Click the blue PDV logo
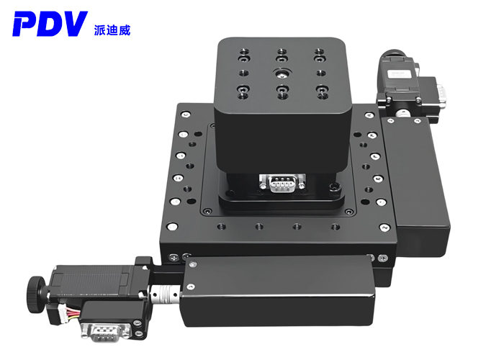(x=50, y=24)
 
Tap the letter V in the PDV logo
(x=73, y=24)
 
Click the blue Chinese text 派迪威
(x=112, y=30)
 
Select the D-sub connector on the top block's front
(x=282, y=183)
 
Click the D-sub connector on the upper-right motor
(x=441, y=93)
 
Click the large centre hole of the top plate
(x=282, y=73)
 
